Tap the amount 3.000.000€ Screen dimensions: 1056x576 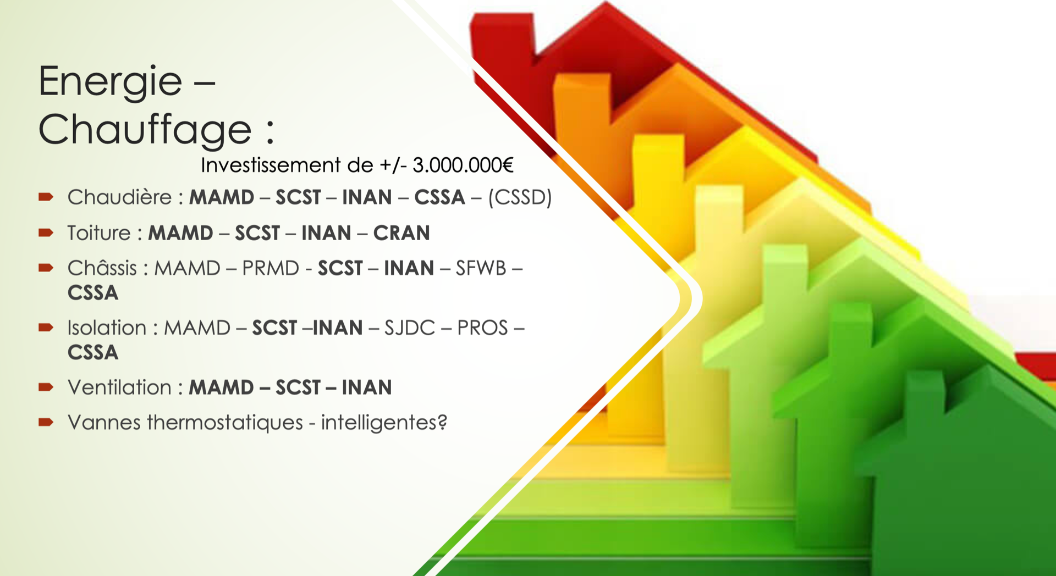(463, 165)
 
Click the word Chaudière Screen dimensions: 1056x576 (119, 197)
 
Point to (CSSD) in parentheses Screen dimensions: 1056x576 (520, 197)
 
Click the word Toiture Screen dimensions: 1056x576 (99, 233)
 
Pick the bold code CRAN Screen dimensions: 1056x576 (402, 233)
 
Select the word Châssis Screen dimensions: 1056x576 (102, 268)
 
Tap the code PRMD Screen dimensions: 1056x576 (271, 268)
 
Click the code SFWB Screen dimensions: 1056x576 (481, 268)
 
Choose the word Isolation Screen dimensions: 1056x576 (107, 328)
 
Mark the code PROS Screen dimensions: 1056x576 (482, 328)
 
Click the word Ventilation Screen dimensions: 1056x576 (119, 387)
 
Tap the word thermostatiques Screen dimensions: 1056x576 (225, 423)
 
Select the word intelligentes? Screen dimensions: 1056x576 (384, 423)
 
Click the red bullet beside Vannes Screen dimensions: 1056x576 (46, 422)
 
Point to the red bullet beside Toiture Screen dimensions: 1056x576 (46, 232)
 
